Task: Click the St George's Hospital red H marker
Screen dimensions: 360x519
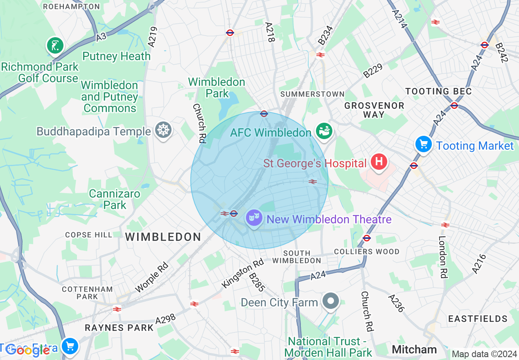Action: coord(379,162)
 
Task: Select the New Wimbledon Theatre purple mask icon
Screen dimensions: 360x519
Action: coord(254,218)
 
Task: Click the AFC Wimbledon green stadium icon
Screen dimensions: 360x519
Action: coord(324,131)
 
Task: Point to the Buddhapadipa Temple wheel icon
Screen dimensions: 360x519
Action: coord(163,130)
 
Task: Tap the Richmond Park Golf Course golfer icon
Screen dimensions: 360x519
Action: coord(55,45)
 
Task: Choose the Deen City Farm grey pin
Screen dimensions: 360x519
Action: coord(331,301)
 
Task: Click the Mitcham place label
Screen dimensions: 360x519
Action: coord(414,349)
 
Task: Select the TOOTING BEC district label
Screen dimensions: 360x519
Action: coord(438,91)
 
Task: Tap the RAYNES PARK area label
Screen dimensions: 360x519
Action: coord(119,328)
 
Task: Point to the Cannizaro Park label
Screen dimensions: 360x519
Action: coord(115,199)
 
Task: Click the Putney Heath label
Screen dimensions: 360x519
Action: coord(117,56)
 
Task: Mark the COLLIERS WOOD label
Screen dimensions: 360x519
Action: coord(367,252)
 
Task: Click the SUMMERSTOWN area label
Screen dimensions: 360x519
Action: coord(313,94)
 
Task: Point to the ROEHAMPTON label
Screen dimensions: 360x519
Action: coord(71,7)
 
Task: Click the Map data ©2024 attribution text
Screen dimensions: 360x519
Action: coord(484,354)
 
